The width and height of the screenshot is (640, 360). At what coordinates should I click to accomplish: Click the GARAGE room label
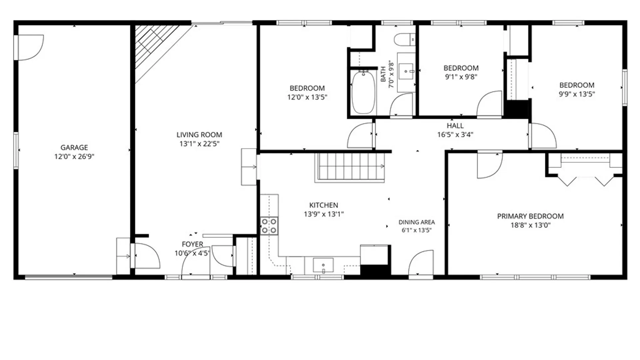pyautogui.click(x=74, y=147)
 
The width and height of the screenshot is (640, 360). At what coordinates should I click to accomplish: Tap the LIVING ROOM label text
pyautogui.click(x=199, y=135)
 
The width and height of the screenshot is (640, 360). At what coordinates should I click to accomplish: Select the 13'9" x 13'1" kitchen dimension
pyautogui.click(x=324, y=214)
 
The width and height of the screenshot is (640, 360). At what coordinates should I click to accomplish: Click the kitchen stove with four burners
pyautogui.click(x=269, y=226)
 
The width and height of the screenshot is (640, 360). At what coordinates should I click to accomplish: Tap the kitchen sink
pyautogui.click(x=323, y=265)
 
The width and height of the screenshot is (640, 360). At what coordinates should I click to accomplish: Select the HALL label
pyautogui.click(x=455, y=126)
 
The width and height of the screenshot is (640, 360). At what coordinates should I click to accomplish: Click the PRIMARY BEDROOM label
pyautogui.click(x=530, y=216)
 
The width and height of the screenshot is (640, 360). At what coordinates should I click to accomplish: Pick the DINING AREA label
pyautogui.click(x=417, y=222)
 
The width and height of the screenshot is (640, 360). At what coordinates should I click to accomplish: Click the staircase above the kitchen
pyautogui.click(x=350, y=167)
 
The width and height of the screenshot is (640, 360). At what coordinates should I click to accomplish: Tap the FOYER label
pyautogui.click(x=192, y=244)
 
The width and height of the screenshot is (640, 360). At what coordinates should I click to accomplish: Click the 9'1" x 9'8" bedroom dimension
pyautogui.click(x=461, y=77)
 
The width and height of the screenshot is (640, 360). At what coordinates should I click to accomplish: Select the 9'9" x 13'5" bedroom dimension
pyautogui.click(x=577, y=94)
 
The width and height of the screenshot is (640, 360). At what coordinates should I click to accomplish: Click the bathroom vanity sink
pyautogui.click(x=406, y=71)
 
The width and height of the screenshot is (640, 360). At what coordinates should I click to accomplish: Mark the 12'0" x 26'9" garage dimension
pyautogui.click(x=74, y=156)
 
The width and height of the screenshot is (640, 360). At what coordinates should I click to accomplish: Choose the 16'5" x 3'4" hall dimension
pyautogui.click(x=455, y=135)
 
